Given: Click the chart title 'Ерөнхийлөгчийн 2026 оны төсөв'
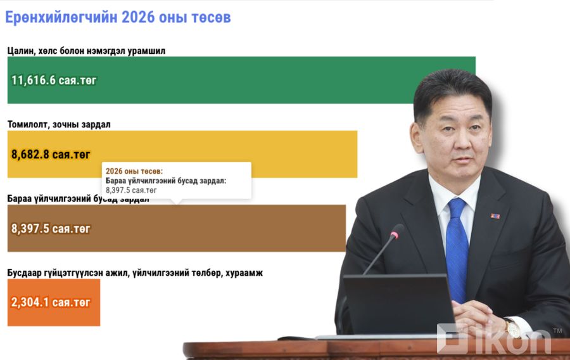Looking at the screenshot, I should pyautogui.click(x=118, y=17).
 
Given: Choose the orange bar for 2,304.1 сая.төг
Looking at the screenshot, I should pyautogui.click(x=54, y=302).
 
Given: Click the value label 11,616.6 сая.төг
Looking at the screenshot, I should pyautogui.click(x=54, y=80).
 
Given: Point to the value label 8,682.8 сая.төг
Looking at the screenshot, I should pyautogui.click(x=51, y=154).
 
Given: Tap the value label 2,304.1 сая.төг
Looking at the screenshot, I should pyautogui.click(x=51, y=302).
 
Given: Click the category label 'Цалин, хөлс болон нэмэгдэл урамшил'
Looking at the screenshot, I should pyautogui.click(x=87, y=51).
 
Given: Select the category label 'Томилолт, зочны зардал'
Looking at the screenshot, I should pyautogui.click(x=59, y=124).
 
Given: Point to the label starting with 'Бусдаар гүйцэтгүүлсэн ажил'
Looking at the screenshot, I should pyautogui.click(x=135, y=273).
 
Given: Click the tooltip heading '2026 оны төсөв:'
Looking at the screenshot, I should pyautogui.click(x=134, y=171).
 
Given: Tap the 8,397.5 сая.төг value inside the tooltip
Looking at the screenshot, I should pyautogui.click(x=131, y=190).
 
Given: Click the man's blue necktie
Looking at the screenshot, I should pyautogui.click(x=456, y=241).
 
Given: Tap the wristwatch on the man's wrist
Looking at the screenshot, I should pyautogui.click(x=512, y=327).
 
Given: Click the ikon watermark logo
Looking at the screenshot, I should pyautogui.click(x=494, y=340).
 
